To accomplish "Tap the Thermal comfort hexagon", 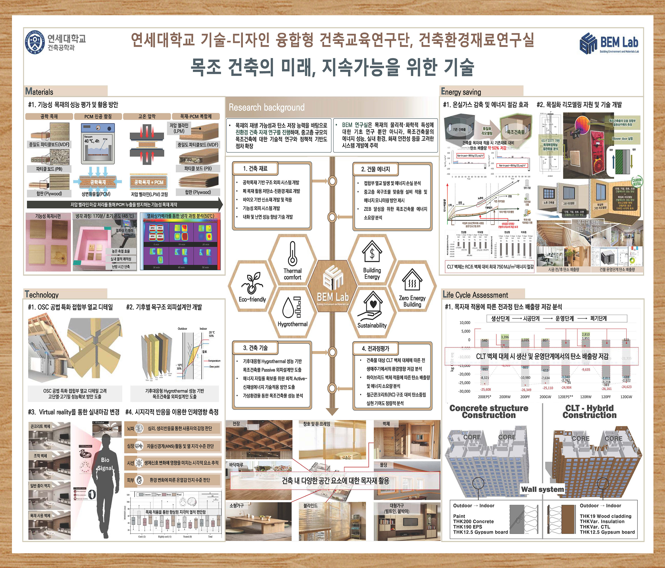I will pos(292,262).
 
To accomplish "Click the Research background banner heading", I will pos(266,107).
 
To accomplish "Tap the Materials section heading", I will pos(39,92).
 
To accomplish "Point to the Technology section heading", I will pos(42,295).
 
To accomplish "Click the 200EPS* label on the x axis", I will pos(484,397).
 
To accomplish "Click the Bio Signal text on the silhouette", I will pos(105,464).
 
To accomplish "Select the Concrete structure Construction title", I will pos(489,412).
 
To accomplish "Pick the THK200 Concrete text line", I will pos(473,521).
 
